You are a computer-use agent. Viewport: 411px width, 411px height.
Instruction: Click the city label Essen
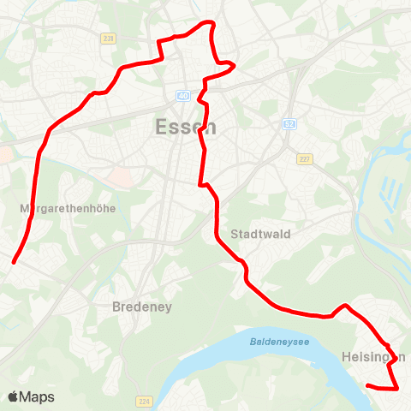click(186, 128)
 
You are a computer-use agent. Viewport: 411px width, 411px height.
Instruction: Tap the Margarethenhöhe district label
click(66, 208)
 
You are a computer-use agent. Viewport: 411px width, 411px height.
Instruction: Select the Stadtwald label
click(261, 234)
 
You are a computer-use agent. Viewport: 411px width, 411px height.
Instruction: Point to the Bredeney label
click(143, 307)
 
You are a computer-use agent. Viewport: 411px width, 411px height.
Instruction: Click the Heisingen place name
click(373, 356)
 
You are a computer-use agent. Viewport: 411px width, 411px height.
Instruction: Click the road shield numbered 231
click(108, 39)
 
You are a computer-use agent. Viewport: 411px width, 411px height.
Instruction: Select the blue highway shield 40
click(183, 96)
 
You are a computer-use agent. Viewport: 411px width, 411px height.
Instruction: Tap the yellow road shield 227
click(305, 159)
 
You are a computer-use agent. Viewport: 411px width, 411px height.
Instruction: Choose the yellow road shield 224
click(142, 401)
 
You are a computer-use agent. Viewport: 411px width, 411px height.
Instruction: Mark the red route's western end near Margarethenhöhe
click(14, 262)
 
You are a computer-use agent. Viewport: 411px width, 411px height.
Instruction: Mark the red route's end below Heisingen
click(367, 386)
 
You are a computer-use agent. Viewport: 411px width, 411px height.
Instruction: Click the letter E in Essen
click(161, 128)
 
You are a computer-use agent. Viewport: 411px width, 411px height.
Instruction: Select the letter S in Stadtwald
click(235, 234)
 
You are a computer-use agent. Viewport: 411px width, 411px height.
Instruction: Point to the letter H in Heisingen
click(345, 356)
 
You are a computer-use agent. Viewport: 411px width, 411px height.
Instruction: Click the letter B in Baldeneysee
click(253, 341)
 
